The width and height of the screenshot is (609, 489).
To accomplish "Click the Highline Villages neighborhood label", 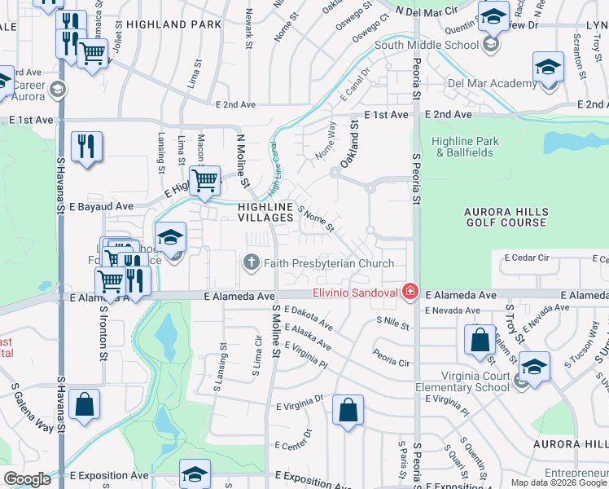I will pyautogui.click(x=265, y=212).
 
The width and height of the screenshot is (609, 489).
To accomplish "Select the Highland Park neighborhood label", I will pyautogui.click(x=173, y=25).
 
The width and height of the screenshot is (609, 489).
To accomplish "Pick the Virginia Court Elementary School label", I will pyautogui.click(x=462, y=381).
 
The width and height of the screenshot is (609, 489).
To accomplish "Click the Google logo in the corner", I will pyautogui.click(x=27, y=478).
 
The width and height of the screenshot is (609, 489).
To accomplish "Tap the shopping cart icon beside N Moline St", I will pyautogui.click(x=204, y=180).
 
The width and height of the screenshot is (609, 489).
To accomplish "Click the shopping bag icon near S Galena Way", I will pyautogui.click(x=84, y=404).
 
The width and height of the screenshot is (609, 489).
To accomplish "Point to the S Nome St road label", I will pyautogui.click(x=316, y=218).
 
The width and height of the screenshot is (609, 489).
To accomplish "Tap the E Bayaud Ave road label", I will pyautogui.click(x=100, y=206).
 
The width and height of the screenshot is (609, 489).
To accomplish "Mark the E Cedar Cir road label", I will pyautogui.click(x=527, y=258).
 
